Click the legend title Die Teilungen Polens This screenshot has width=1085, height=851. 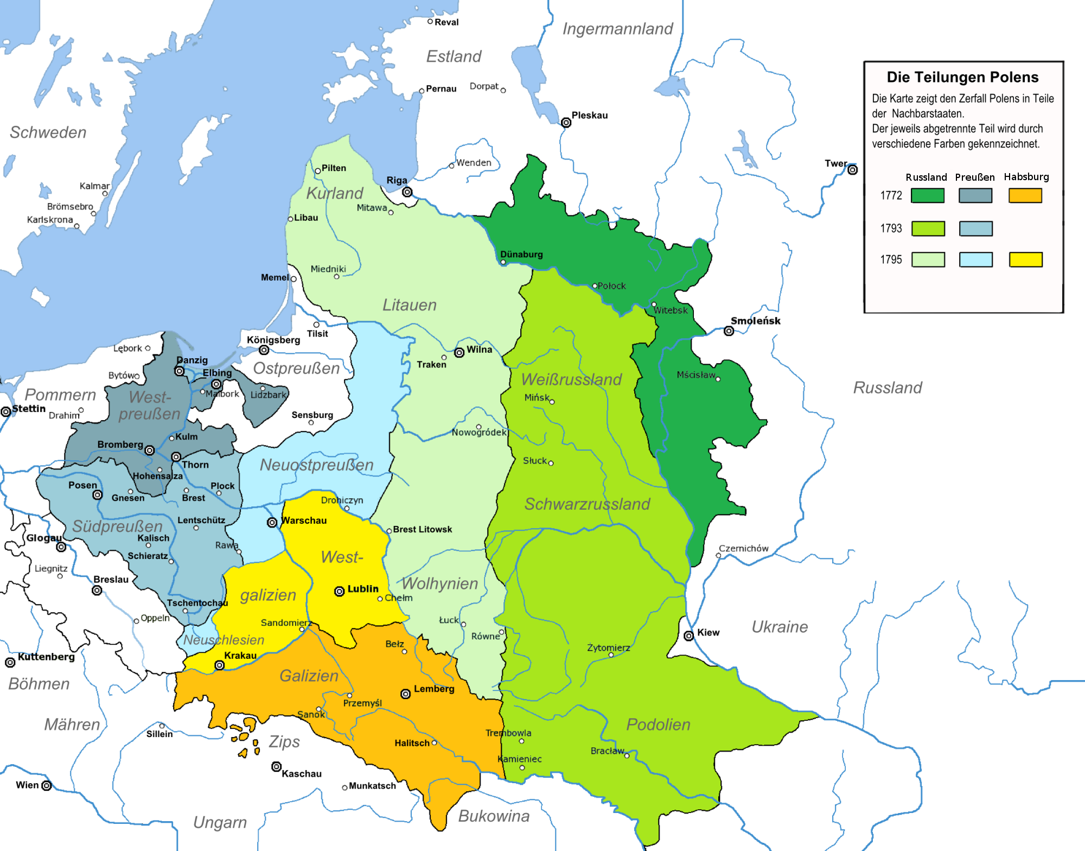[x=962, y=78]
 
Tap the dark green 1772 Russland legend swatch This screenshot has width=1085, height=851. [x=928, y=195]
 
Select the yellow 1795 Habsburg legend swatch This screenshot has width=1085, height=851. [x=1025, y=259]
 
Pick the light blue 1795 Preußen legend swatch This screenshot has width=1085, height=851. [x=975, y=259]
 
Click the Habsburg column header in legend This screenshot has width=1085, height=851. [x=1026, y=177]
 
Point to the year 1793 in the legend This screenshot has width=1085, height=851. [x=891, y=228]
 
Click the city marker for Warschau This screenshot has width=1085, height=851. [x=272, y=522]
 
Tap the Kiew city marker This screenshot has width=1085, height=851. [x=688, y=636]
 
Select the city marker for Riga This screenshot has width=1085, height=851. [x=407, y=192]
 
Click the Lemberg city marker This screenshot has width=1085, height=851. [x=405, y=694]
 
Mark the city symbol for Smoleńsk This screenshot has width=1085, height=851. [x=729, y=331]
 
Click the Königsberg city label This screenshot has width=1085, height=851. [x=273, y=340]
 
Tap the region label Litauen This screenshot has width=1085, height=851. [x=410, y=305]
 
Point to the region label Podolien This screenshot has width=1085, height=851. [x=658, y=725]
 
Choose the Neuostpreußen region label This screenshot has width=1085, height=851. [x=317, y=465]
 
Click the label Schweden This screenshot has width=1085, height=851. [x=48, y=132]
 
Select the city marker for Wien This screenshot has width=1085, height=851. [x=47, y=785]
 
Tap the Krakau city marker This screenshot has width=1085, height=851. [x=220, y=665]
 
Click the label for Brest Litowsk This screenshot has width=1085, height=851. [x=422, y=529]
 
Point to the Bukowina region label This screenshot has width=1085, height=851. [x=494, y=816]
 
